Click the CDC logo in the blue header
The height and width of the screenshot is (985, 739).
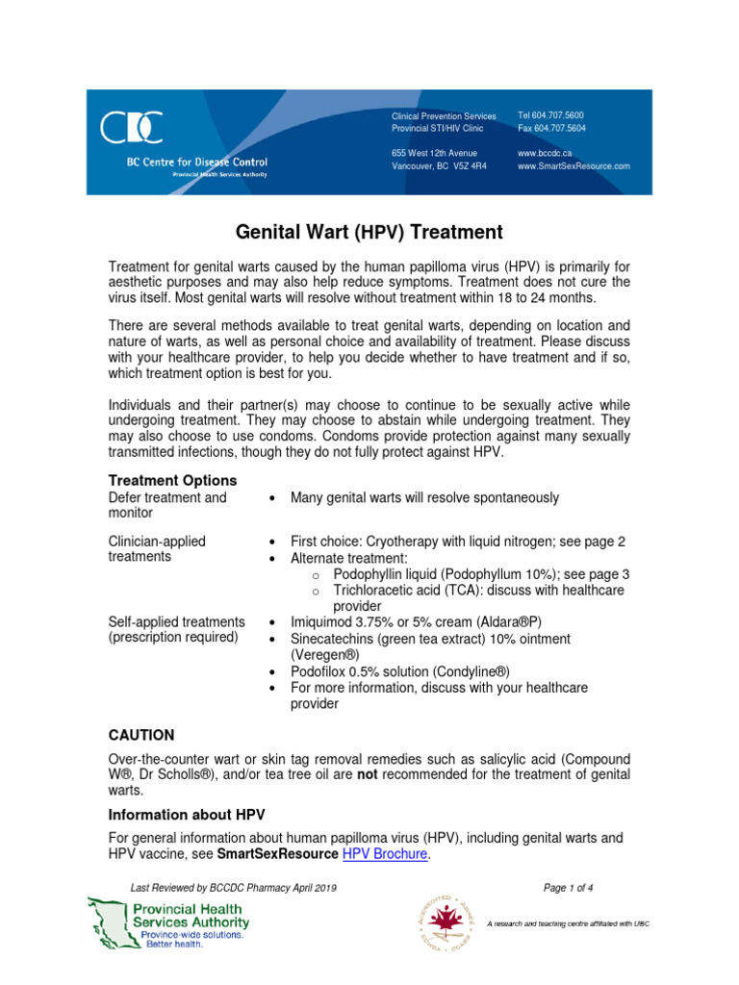(x=131, y=128)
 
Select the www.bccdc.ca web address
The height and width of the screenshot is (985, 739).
(x=547, y=153)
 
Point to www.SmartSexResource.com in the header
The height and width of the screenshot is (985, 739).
(x=573, y=165)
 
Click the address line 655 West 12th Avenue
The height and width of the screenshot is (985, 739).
(x=434, y=153)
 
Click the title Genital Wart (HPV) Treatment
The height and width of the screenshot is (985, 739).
(x=369, y=232)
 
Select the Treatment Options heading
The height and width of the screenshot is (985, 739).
(x=172, y=480)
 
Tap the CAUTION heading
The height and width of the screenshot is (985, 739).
(x=141, y=735)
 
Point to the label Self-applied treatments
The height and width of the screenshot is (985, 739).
(x=176, y=621)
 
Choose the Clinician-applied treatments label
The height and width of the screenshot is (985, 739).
(x=157, y=548)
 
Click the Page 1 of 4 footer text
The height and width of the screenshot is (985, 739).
(x=569, y=887)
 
